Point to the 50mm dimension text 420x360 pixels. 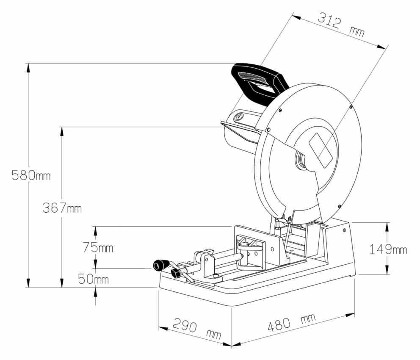[93, 280]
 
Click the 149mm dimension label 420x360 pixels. [388, 249]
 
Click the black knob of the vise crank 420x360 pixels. [158, 265]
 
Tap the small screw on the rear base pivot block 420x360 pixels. [345, 230]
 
